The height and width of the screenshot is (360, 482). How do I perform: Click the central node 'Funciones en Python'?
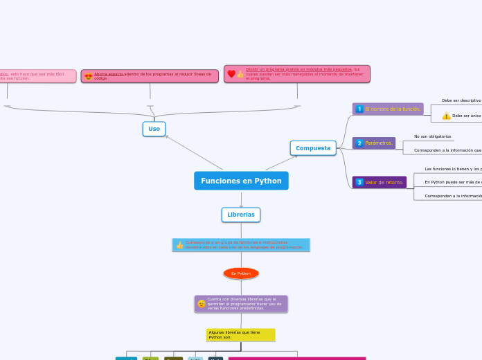point(241,181)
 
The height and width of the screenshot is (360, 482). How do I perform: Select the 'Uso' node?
point(154,129)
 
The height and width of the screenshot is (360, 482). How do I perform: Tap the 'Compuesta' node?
point(313,148)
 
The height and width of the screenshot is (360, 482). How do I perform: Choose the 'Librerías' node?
point(241,215)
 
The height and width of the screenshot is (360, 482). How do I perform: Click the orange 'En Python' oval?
point(241,273)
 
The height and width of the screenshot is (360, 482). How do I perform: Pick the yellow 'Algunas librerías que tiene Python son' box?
point(240,335)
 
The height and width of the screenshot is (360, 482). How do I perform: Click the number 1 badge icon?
point(359,109)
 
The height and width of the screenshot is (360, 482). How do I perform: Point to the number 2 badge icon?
point(359,143)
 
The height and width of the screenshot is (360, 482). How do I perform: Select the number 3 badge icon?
point(359,182)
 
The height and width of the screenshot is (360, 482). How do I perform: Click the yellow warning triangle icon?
point(446,116)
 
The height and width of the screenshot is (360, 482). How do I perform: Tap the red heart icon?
point(231,73)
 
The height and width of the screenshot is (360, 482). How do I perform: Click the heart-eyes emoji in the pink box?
point(88,76)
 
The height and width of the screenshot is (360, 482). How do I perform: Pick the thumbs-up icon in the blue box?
point(180,245)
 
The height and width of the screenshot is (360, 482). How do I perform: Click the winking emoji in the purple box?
point(202,303)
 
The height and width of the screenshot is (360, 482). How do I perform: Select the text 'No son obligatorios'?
point(432,136)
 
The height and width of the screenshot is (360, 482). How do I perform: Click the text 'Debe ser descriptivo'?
point(461,100)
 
